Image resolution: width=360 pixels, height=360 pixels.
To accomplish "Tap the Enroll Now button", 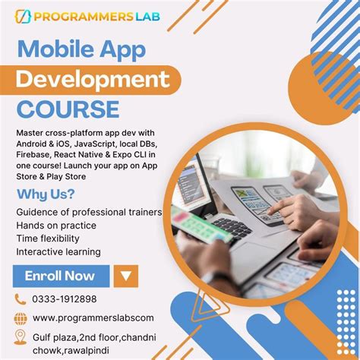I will point(60,276).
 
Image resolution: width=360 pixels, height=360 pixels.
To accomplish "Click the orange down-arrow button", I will point(126,276).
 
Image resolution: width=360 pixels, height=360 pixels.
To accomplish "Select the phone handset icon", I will point(21,299).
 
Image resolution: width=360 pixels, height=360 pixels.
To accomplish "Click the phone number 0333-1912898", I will point(65,299).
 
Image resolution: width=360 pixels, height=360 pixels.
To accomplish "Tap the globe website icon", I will point(21,317).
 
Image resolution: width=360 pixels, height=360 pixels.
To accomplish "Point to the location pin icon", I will point(21,336).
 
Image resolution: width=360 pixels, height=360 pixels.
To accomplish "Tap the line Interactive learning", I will point(58,251).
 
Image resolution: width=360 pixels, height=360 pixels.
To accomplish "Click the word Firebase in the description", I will point(35,155).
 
